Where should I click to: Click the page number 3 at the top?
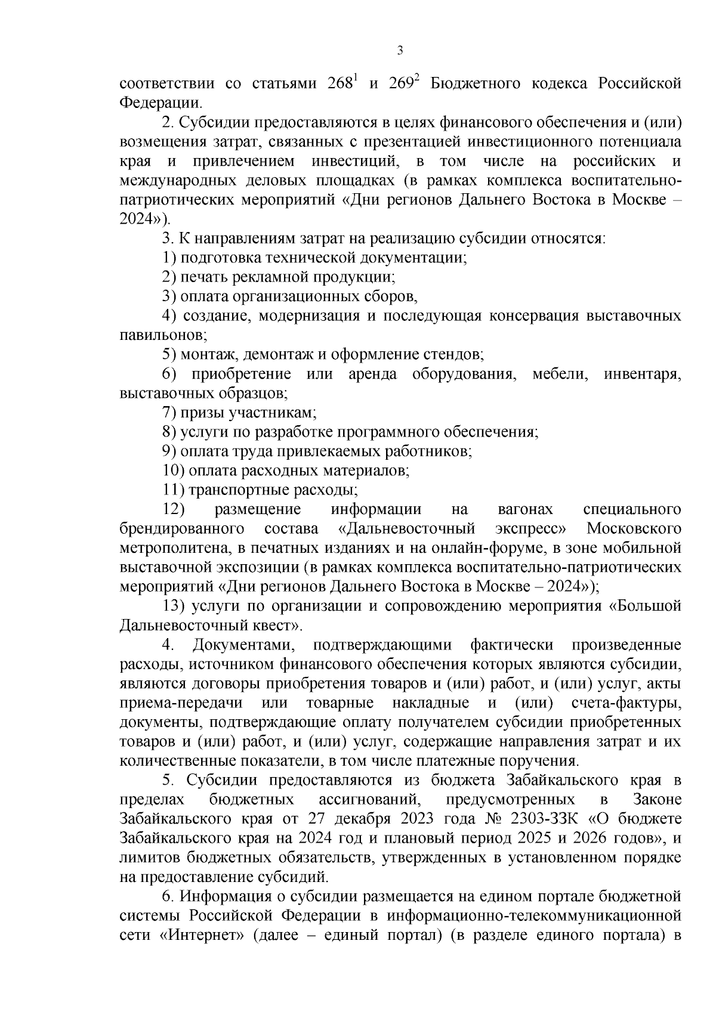point(400,50)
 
